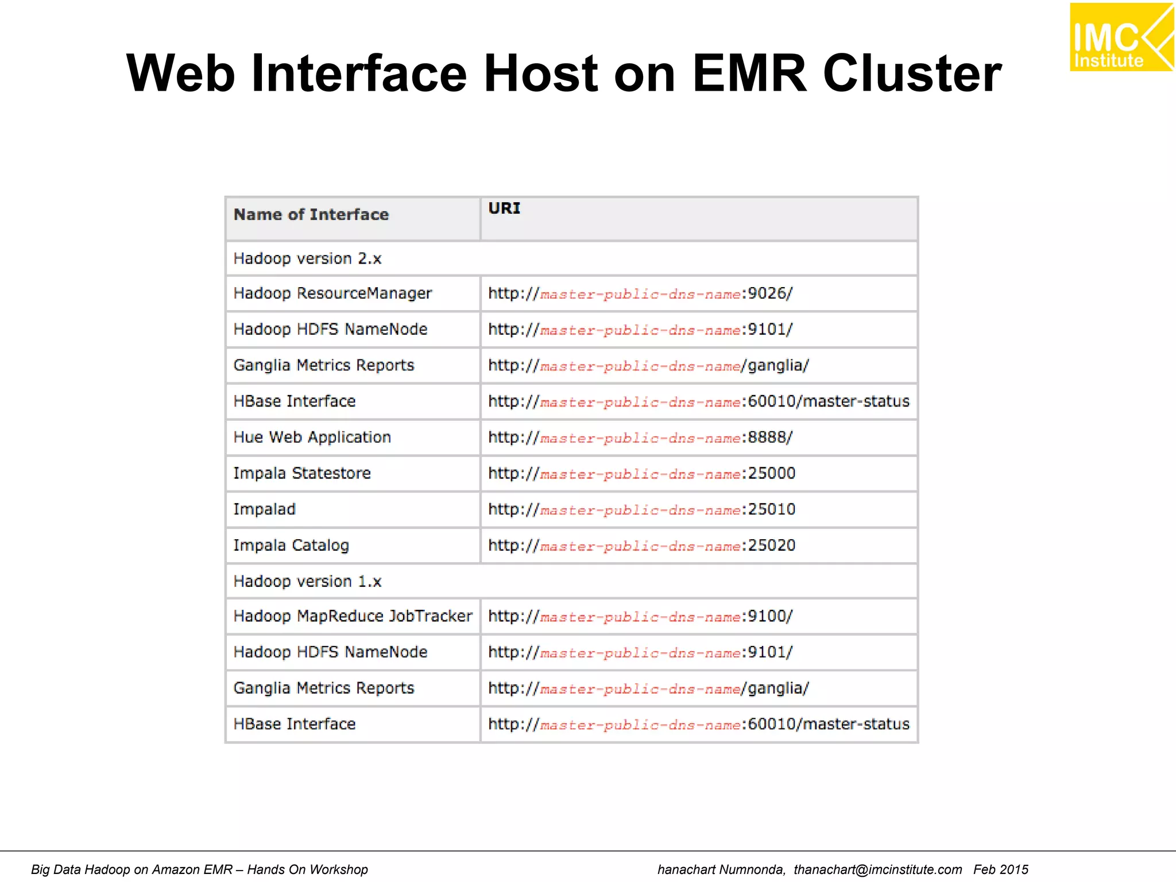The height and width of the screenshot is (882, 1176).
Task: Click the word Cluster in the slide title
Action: pyautogui.click(x=912, y=73)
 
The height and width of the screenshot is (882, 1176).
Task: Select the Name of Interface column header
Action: pyautogui.click(x=311, y=215)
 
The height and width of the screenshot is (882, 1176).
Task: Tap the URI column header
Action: pyautogui.click(x=504, y=208)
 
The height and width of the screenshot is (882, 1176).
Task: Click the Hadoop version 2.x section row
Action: pyautogui.click(x=307, y=259)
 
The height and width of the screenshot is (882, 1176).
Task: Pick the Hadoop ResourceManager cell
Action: pyautogui.click(x=332, y=293)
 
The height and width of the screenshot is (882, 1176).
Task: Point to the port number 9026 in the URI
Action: pyautogui.click(x=767, y=293)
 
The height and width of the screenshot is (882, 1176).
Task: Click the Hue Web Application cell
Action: pyautogui.click(x=312, y=438)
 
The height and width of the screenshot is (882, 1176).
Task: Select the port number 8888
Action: pyautogui.click(x=767, y=438)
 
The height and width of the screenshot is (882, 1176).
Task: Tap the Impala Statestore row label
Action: pyautogui.click(x=302, y=474)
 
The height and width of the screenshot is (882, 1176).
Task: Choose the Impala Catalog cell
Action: pyautogui.click(x=291, y=546)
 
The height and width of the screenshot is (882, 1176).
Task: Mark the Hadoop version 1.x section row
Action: pyautogui.click(x=307, y=582)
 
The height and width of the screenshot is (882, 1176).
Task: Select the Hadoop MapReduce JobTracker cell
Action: pyautogui.click(x=353, y=616)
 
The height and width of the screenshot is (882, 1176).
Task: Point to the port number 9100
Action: pyautogui.click(x=767, y=616)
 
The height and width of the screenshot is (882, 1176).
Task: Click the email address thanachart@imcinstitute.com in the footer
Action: pyautogui.click(x=877, y=869)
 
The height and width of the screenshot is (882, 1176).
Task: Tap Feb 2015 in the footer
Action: pyautogui.click(x=1000, y=869)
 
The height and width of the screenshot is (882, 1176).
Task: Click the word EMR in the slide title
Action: pyautogui.click(x=749, y=73)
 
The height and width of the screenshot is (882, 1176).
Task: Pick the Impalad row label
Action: pyautogui.click(x=264, y=509)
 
